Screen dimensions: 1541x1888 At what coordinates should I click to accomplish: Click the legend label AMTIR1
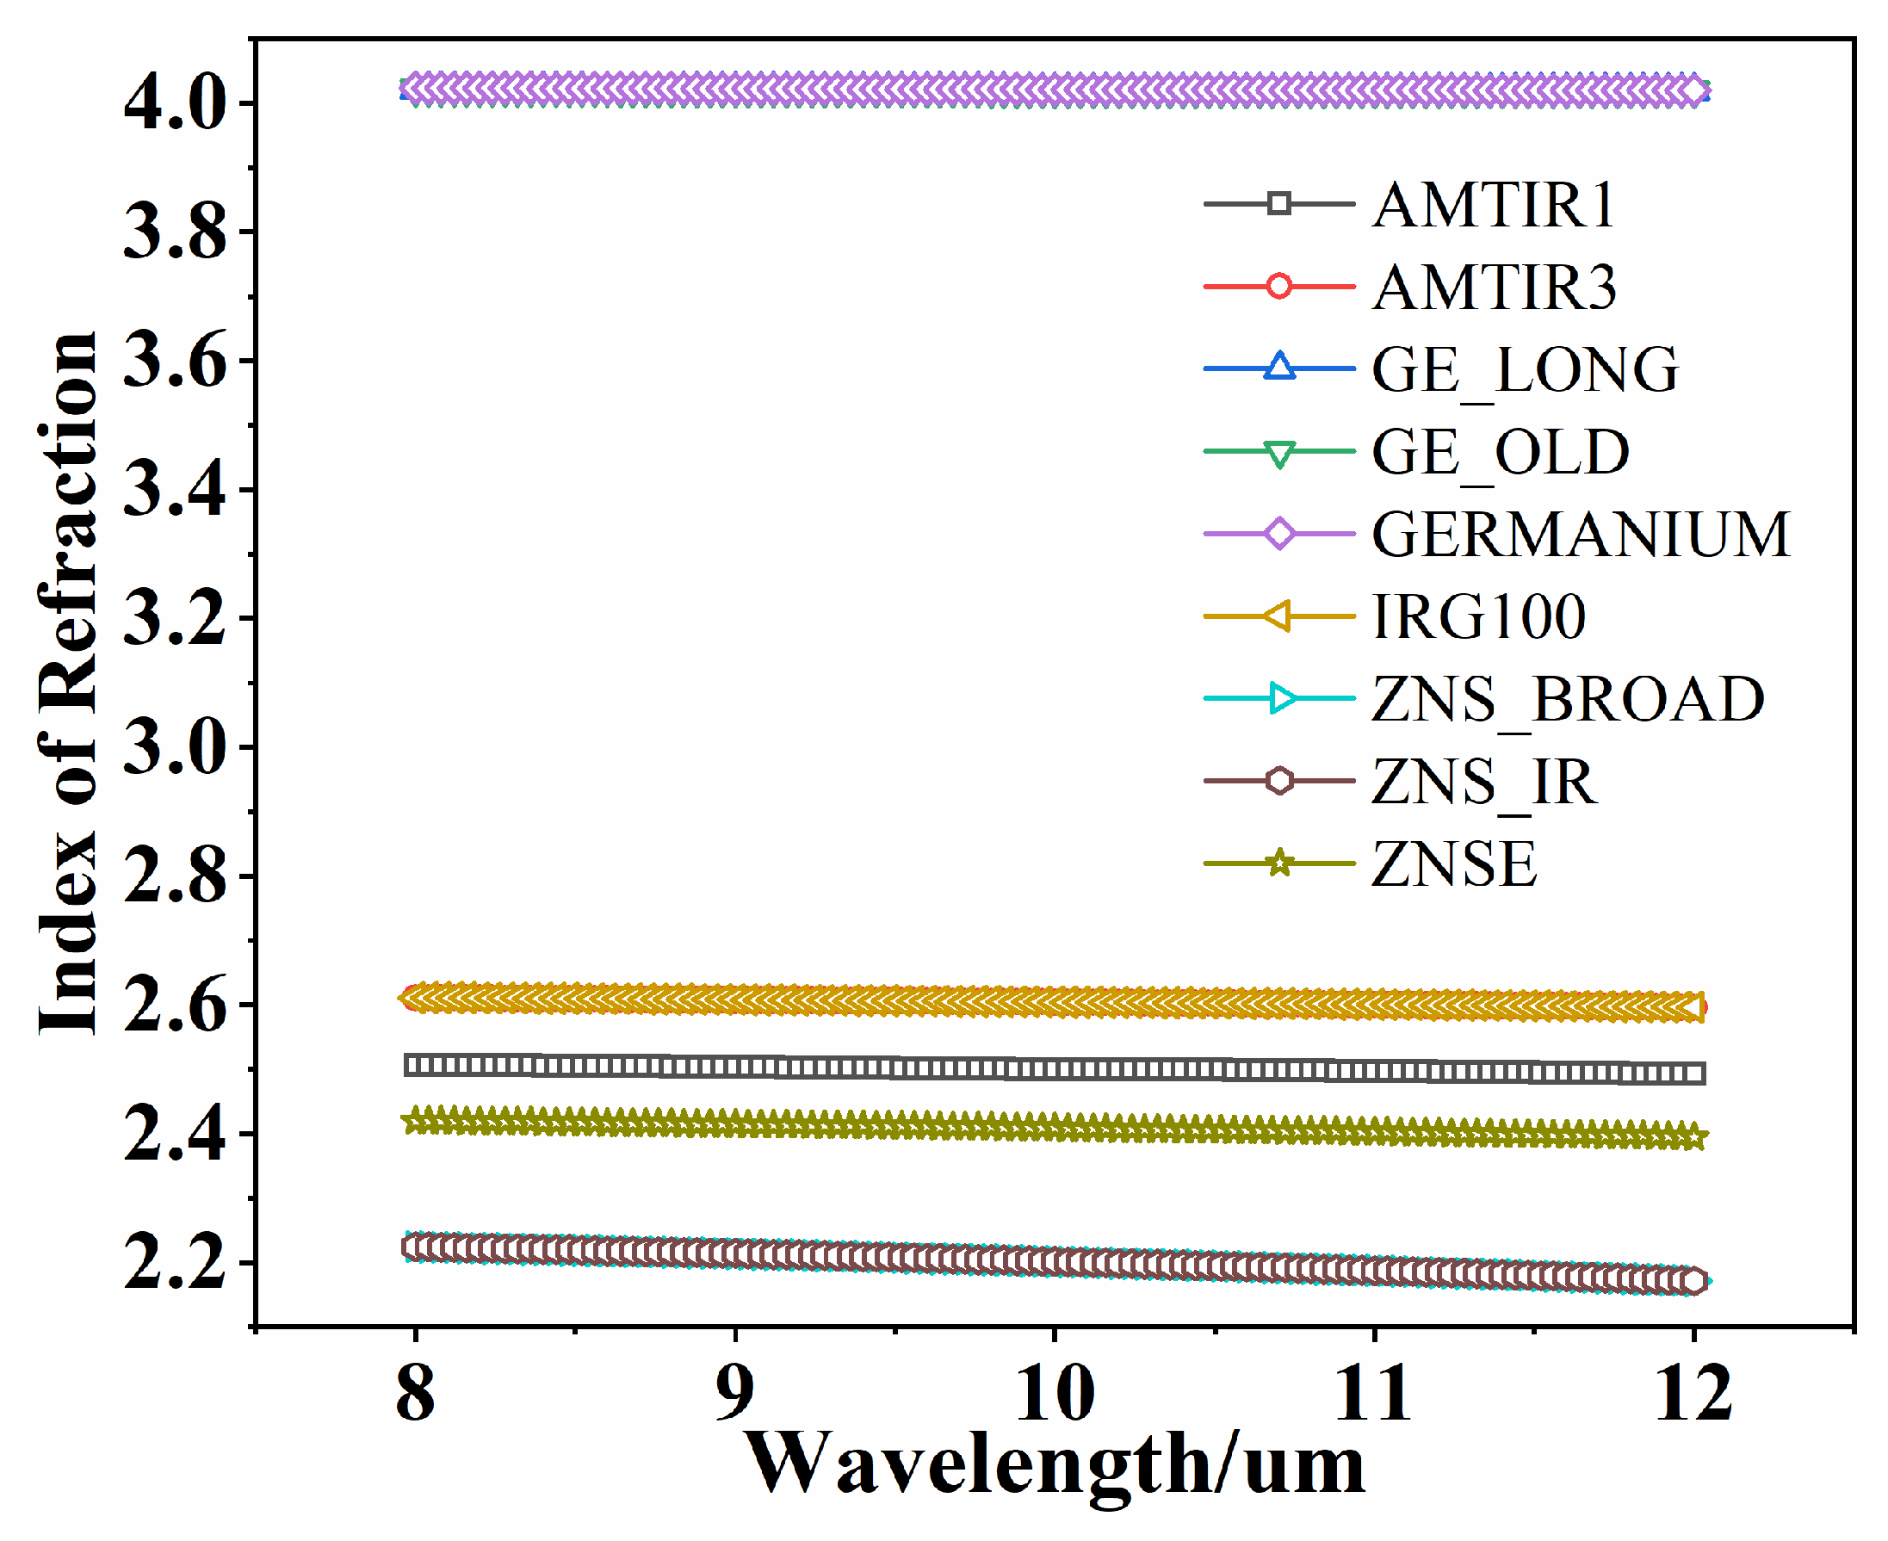point(1493,205)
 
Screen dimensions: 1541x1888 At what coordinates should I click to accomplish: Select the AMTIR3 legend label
point(1495,288)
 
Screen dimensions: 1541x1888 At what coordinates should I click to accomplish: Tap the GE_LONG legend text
point(1525,370)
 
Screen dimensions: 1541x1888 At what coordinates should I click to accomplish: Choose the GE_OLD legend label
point(1500,453)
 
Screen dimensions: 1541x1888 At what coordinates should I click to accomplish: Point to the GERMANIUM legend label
point(1581,535)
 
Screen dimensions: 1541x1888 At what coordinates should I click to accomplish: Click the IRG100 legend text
point(1479,617)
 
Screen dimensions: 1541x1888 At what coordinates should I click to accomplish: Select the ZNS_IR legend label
point(1484,782)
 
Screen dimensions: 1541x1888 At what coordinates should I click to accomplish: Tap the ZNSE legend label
point(1454,864)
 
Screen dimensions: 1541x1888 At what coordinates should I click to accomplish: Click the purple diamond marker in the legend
point(1279,535)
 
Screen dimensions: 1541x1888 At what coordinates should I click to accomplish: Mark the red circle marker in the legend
point(1279,287)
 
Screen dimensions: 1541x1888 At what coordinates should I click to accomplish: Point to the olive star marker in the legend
point(1279,863)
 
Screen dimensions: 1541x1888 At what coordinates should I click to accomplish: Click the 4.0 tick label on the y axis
point(175,104)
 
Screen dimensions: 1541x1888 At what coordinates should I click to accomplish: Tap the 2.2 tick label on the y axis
point(175,1263)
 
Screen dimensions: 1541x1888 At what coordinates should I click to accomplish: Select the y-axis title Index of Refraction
point(67,684)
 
